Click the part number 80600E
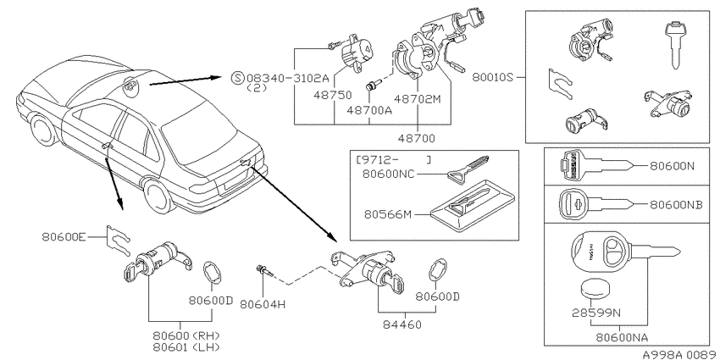[64, 237]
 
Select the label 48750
[333, 95]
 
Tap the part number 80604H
[263, 303]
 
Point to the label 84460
[402, 324]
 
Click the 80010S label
[492, 77]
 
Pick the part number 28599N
[596, 313]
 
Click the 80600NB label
[676, 205]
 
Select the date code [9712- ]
[394, 160]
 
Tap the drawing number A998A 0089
[680, 354]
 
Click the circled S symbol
[237, 78]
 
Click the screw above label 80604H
[265, 271]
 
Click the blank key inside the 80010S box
[674, 45]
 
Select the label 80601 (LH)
[186, 346]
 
